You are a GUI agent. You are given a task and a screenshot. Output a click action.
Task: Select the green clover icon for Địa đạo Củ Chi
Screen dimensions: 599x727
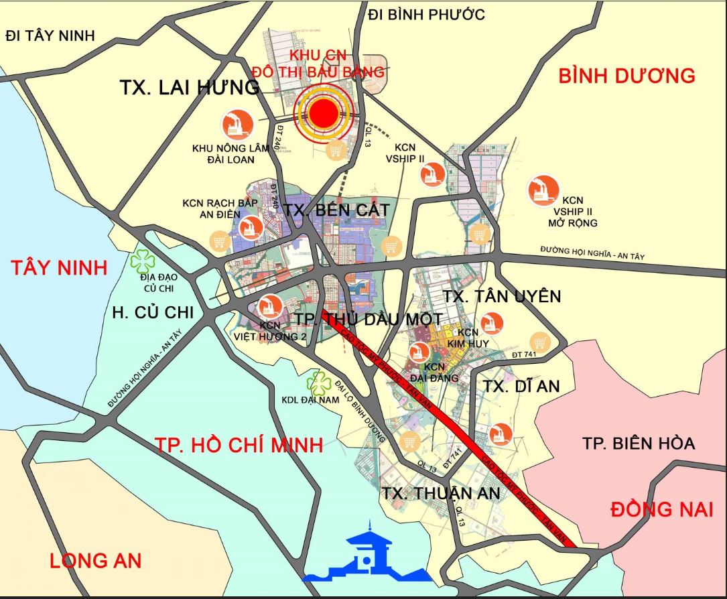point(143,258)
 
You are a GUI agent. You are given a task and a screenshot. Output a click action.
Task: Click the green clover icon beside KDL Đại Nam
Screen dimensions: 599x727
point(319,383)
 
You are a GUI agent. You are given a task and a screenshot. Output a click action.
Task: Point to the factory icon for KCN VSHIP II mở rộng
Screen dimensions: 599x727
point(543,190)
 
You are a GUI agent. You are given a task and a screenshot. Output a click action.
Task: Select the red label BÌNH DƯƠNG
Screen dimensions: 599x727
point(626,76)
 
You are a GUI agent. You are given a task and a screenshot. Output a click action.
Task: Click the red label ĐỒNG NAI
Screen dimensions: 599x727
point(661,509)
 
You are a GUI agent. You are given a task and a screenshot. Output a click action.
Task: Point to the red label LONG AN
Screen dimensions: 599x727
point(95,560)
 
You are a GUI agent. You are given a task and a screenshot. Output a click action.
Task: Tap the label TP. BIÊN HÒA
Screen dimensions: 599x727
point(638,443)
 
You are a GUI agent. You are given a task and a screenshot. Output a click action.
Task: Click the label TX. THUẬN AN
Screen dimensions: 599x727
point(442,493)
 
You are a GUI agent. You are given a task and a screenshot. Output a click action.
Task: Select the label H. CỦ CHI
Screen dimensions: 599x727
point(153,312)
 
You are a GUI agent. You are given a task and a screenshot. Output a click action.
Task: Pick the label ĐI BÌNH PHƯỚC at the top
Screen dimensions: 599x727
point(427,14)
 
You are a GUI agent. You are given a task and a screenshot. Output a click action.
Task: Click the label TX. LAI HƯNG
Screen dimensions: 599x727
point(189,87)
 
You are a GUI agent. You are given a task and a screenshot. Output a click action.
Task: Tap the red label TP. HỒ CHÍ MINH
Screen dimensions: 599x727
point(239,444)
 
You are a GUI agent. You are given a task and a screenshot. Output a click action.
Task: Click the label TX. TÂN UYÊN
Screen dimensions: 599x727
point(502,296)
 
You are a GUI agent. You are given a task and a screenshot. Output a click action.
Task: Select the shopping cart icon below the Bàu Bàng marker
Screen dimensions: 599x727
point(336,151)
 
